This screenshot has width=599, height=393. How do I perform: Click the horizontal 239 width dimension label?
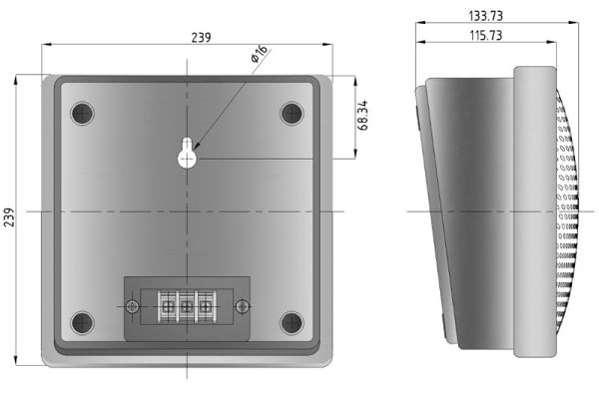201,37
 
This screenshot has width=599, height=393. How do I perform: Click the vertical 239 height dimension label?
9,217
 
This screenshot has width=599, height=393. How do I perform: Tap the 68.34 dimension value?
363,116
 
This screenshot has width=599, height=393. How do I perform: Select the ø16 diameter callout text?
260,54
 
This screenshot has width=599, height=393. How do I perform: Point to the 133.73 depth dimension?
485,16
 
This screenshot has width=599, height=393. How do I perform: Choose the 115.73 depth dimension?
485,36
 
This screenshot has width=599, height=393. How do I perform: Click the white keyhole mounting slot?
187,153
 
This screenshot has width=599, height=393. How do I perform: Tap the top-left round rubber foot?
82,114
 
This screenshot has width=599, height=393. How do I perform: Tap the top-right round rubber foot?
292,114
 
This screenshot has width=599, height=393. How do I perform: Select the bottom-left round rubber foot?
82,323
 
